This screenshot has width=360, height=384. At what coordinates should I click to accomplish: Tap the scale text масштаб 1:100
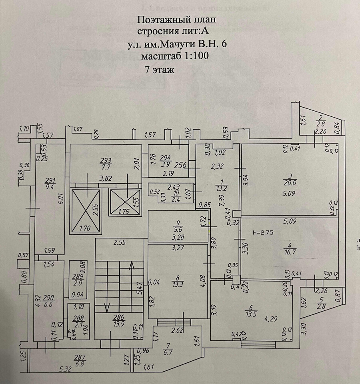tap(175, 56)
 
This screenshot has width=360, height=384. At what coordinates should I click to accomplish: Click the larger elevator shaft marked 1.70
tap(86, 211)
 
